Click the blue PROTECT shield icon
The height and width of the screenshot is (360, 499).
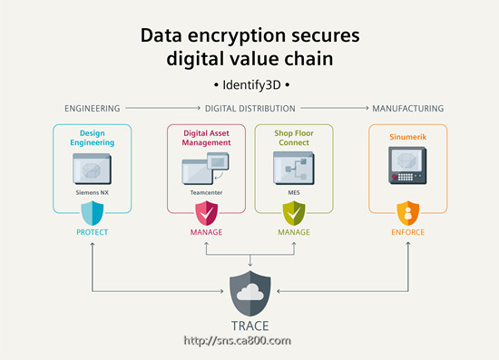pos(93,213)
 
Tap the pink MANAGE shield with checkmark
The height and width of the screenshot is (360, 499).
pos(206,213)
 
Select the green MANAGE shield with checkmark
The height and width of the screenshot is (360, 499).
pos(294,213)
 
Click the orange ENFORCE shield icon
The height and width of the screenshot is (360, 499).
pos(407,213)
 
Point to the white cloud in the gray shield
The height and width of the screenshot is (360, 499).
pos(250,292)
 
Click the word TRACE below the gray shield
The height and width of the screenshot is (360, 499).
pos(250,326)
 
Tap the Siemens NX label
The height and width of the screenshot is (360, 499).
pos(93,192)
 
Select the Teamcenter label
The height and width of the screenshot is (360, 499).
pos(206,192)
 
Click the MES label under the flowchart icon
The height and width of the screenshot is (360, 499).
pos(294,192)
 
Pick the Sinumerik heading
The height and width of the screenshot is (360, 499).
pos(407,137)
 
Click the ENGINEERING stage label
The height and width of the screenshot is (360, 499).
pos(93,109)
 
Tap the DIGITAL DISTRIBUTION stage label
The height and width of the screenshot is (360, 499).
pos(250,109)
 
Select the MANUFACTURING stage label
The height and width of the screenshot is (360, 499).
pos(408,109)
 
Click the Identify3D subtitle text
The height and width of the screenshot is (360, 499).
pos(251,85)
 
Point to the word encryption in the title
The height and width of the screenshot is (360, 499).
pos(237,36)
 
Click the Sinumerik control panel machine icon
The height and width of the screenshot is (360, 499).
pos(407,165)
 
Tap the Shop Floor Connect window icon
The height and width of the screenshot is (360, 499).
pos(294,168)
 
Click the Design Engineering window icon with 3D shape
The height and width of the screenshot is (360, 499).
pos(93,169)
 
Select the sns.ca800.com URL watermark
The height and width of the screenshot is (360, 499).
pos(238,341)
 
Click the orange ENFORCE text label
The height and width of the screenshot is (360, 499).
pos(407,232)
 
